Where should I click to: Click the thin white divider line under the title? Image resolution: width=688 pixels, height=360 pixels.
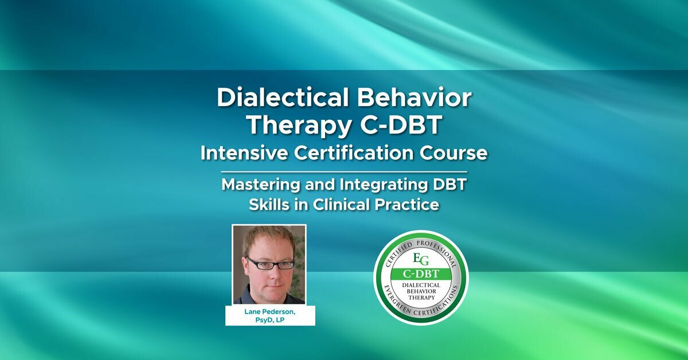(344, 171)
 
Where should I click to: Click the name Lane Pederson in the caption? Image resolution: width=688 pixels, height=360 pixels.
(270, 311)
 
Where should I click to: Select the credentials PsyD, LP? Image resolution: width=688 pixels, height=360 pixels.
(270, 320)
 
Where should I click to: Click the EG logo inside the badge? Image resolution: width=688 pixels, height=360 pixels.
(421, 256)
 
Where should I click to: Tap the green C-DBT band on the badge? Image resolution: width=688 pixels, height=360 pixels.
(421, 273)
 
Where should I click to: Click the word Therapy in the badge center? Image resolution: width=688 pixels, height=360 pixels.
(421, 298)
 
